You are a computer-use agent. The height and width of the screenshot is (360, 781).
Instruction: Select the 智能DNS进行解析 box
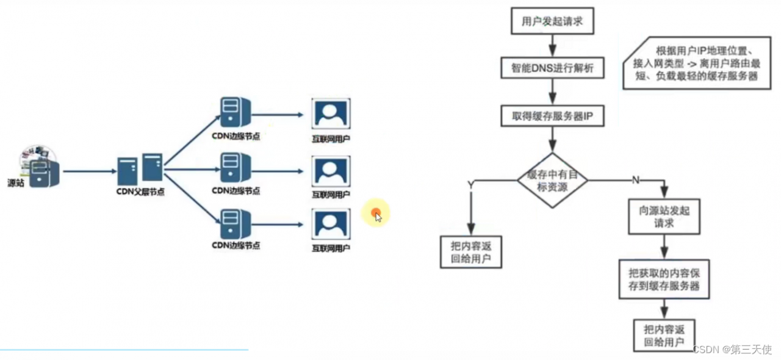coord(552,68)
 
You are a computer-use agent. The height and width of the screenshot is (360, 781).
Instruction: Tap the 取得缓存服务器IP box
coord(552,115)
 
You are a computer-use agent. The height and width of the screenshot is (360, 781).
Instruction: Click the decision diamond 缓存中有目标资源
coord(552,181)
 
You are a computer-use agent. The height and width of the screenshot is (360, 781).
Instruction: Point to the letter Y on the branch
coord(470,183)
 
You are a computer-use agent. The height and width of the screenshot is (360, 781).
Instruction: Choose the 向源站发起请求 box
coord(664,217)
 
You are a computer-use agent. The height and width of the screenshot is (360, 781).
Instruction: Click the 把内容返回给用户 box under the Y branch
coord(472,253)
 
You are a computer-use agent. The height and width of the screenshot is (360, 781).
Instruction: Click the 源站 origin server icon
coord(40,168)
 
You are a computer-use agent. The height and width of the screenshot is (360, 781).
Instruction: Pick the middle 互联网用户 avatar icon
coord(331,171)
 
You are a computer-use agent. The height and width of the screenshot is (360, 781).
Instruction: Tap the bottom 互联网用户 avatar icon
coord(331,225)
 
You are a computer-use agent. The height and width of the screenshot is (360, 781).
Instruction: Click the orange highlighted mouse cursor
coord(376,214)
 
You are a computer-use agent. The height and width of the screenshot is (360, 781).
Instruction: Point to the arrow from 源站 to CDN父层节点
coord(88,171)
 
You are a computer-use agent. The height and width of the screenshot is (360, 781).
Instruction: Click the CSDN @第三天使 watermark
coord(732,350)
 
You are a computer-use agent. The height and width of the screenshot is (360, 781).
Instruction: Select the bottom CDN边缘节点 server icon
coord(236,224)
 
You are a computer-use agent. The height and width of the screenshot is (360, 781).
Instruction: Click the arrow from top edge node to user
coord(278,114)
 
